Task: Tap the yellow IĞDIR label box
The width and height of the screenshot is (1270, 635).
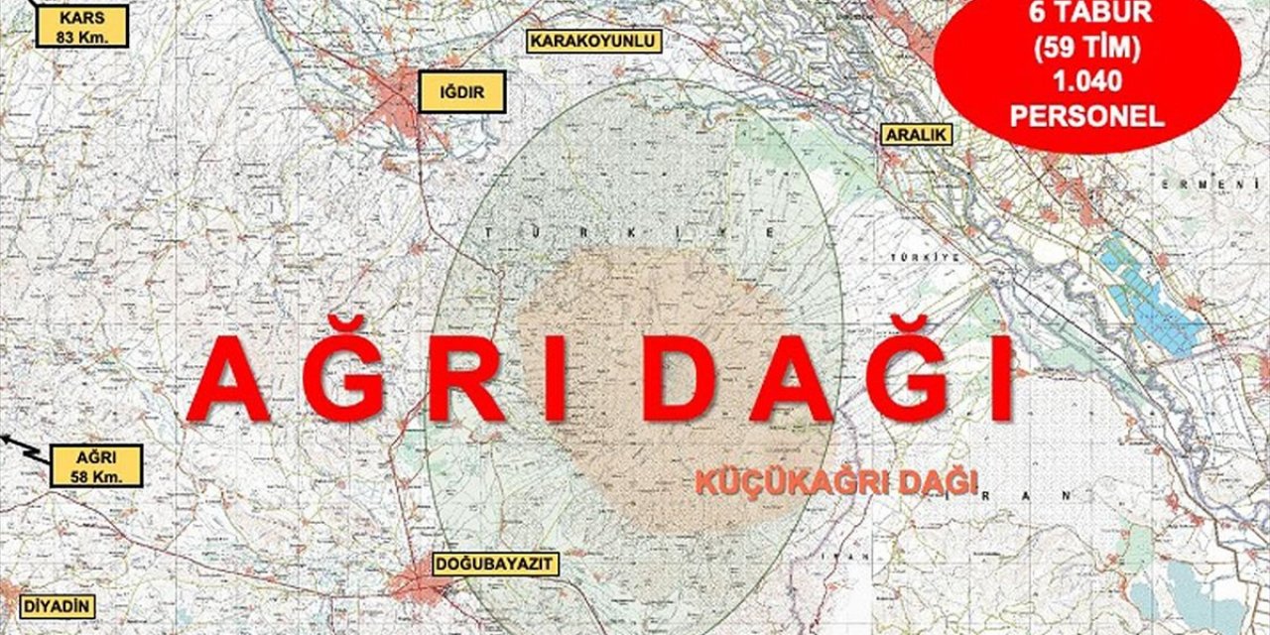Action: (461, 94)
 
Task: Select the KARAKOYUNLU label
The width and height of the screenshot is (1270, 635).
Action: (593, 41)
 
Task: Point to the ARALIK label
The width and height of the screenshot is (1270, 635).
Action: (915, 135)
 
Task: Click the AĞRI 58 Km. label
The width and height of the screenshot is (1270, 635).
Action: (96, 465)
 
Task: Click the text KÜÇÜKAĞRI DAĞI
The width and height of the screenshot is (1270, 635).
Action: (835, 482)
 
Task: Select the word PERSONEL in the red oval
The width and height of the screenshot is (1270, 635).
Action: (1086, 115)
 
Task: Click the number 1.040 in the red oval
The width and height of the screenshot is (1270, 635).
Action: (1086, 81)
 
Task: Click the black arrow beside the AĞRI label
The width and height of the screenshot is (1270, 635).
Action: (22, 445)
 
